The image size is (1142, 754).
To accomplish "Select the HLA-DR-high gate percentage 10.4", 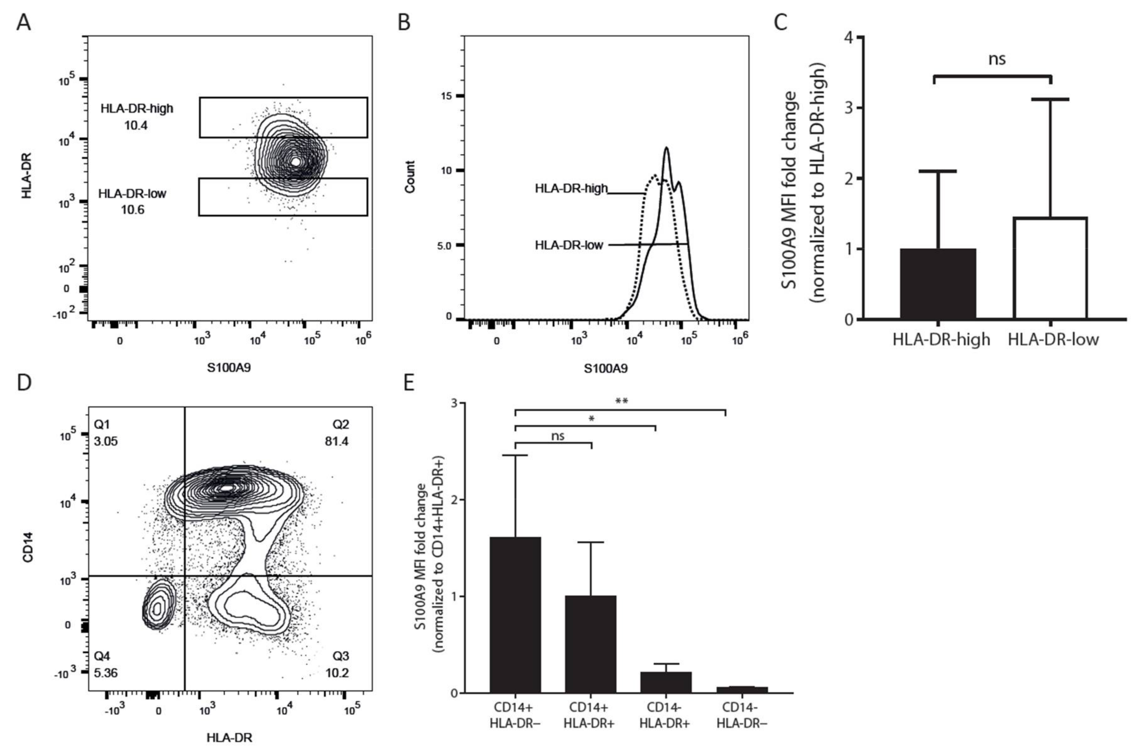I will tap(136, 126).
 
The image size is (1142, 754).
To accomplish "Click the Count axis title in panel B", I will tap(410, 177).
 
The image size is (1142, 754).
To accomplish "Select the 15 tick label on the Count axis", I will tap(447, 96).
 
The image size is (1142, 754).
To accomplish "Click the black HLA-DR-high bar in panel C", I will tap(938, 284).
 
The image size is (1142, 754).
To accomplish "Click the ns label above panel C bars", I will tap(997, 59).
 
